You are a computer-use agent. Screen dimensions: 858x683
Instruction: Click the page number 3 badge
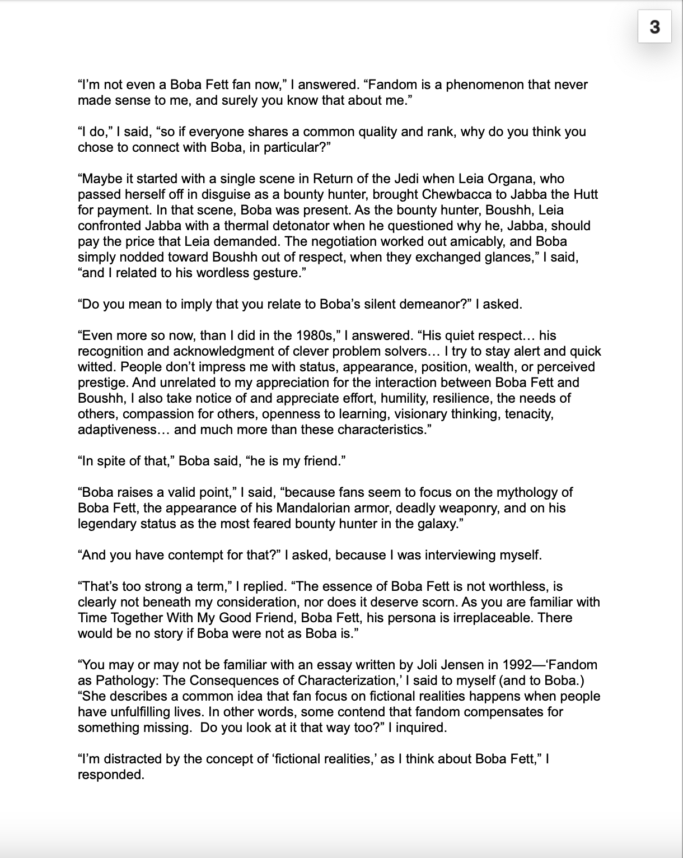point(654,26)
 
